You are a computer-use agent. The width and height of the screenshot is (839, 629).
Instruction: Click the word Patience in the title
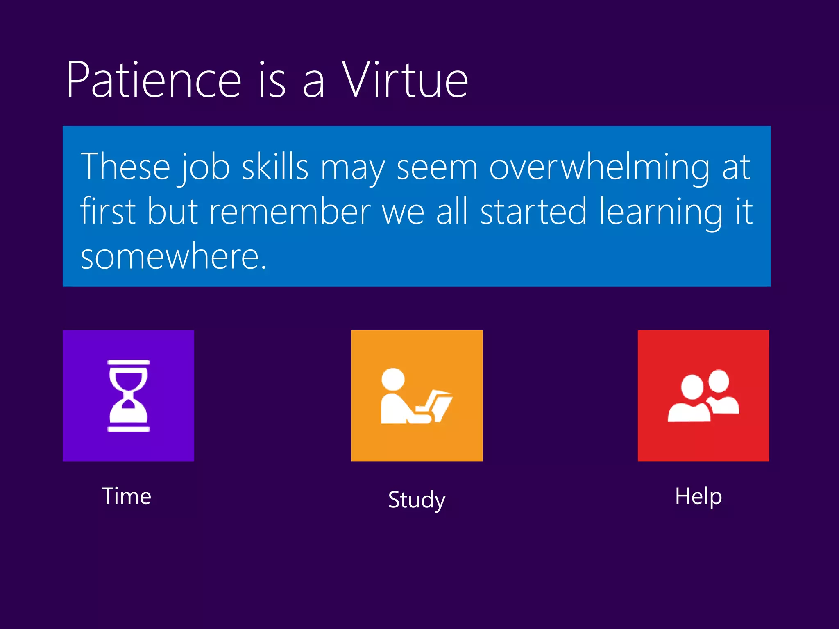point(154,80)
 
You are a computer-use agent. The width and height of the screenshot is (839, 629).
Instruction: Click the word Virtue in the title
point(405,80)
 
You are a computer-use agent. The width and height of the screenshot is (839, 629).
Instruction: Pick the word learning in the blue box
point(661,212)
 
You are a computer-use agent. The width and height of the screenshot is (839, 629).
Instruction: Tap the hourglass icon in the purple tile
point(128,396)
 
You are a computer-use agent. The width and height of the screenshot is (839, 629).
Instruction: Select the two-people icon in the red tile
point(703,396)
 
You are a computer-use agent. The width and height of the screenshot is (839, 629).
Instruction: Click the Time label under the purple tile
point(127,496)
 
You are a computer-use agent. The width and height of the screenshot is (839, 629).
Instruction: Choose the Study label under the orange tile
point(417,500)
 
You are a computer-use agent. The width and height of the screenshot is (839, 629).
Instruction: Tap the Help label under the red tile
point(698,496)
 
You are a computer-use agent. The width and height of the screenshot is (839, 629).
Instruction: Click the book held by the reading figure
point(440,405)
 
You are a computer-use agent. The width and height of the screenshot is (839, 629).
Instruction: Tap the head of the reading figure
point(393,379)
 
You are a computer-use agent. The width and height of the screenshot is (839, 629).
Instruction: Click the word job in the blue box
point(204,168)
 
